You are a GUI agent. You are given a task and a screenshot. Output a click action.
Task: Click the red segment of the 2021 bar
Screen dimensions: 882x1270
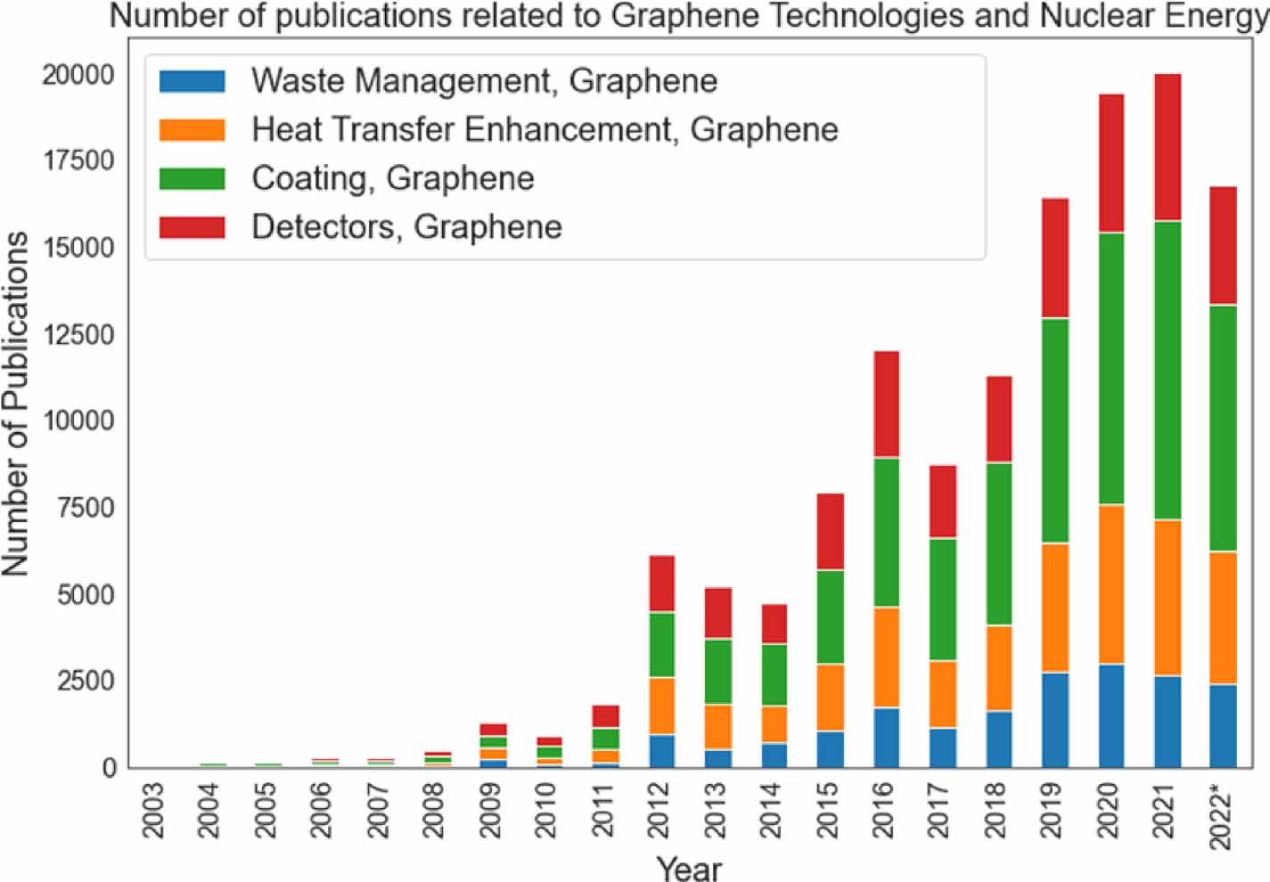(x=1167, y=147)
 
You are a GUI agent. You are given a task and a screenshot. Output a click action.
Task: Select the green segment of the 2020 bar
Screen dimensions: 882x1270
(x=1110, y=369)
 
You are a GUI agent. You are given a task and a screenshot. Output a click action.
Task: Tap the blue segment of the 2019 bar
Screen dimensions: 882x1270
(x=1054, y=720)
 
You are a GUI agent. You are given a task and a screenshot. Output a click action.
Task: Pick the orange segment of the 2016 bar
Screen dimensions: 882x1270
(x=886, y=657)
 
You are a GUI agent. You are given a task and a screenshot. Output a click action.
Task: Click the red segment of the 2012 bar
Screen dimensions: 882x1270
(x=661, y=584)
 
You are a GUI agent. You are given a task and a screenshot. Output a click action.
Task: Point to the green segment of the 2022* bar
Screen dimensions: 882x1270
(x=1223, y=429)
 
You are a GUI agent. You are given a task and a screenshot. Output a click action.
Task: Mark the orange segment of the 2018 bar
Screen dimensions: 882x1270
(x=998, y=668)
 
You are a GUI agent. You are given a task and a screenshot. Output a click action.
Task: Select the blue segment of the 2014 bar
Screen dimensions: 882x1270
(x=774, y=755)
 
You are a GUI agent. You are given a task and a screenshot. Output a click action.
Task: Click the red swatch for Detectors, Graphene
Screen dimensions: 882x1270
(x=192, y=226)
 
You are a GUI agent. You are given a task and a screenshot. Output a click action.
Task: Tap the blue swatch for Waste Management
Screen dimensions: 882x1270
(x=192, y=81)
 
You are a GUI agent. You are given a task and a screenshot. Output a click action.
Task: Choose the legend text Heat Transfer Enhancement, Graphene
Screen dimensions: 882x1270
(x=544, y=130)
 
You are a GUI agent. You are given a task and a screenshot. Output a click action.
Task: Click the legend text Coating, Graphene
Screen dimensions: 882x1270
(x=392, y=178)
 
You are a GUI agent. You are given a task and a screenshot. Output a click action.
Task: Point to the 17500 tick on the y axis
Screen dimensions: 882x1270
(x=78, y=160)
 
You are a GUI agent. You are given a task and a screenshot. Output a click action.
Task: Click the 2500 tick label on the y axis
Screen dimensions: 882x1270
(x=86, y=681)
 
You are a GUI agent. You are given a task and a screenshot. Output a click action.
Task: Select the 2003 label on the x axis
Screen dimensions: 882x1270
(x=153, y=810)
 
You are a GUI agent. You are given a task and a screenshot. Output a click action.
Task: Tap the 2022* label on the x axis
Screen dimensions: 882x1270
(x=1223, y=815)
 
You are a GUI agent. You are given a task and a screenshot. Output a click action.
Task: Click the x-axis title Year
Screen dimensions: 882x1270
(x=688, y=867)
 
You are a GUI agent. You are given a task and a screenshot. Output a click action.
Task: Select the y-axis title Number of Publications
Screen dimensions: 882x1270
(x=16, y=404)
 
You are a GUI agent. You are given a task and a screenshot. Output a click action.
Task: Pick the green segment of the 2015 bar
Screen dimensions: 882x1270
(x=830, y=617)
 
